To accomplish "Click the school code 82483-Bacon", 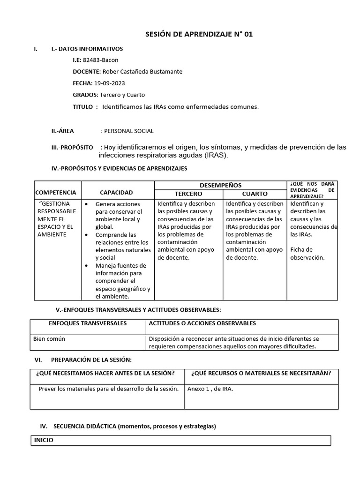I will (100, 60).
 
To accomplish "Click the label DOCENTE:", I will (86, 72).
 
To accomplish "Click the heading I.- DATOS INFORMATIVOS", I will (87, 49).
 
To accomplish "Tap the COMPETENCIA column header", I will (55, 193).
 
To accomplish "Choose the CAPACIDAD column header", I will (116, 193).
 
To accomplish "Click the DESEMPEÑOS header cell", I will (220, 185).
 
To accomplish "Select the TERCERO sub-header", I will (188, 194).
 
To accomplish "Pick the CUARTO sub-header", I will (255, 194).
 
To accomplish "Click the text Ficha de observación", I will (307, 254).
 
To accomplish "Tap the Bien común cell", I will (49, 338).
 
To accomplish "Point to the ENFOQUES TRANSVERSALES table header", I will (88, 323).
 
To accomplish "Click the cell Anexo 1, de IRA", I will (210, 389).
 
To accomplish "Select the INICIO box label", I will (44, 440).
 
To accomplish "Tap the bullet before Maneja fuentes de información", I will (87, 266).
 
